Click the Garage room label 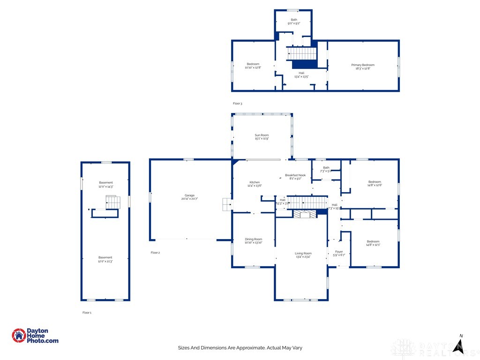click(189, 197)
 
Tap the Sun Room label click(262, 137)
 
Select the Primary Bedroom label click(363, 67)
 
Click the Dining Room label click(253, 241)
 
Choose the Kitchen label click(255, 184)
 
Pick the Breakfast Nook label click(295, 177)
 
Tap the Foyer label click(338, 253)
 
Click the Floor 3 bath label click(293, 21)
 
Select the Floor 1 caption click(87, 312)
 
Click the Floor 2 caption click(155, 253)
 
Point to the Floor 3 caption click(238, 103)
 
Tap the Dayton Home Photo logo click(35, 336)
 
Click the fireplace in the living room click(305, 214)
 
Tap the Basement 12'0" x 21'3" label click(105, 259)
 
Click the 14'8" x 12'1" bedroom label click(374, 243)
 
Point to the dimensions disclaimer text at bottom click(240, 348)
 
